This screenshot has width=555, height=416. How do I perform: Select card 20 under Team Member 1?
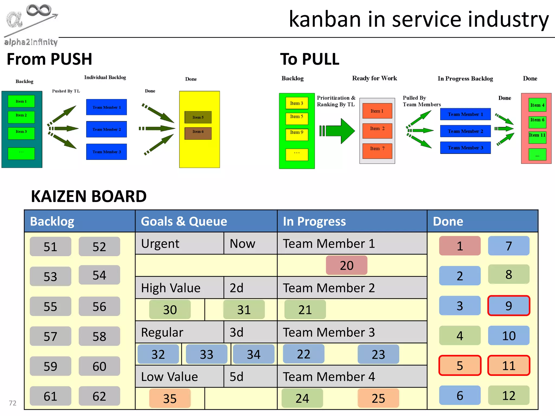pos(346,265)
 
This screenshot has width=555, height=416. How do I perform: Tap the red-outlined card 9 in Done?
pos(508,306)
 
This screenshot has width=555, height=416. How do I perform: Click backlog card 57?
pos(50,336)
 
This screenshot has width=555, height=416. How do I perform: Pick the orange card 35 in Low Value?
pos(170,398)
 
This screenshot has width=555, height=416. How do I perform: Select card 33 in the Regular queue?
pos(206,354)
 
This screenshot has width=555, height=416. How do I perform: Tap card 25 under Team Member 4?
pos(378,398)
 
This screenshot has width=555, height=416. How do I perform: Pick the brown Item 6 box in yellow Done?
pos(198,133)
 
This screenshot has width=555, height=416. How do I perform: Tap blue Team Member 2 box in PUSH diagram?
pos(106,129)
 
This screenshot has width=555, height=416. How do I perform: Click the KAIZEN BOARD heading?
pos(89,196)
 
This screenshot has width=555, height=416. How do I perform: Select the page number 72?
pos(12,403)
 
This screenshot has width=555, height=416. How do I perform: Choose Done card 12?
pos(508,395)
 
